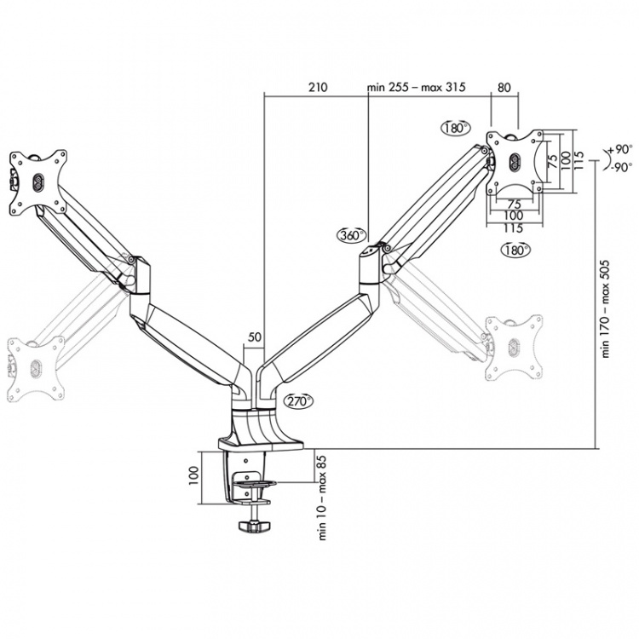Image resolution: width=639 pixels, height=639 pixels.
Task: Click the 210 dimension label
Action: [x=317, y=87]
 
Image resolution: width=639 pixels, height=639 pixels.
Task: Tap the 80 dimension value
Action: [x=504, y=87]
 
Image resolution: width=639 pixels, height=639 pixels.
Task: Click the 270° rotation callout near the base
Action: [x=299, y=401]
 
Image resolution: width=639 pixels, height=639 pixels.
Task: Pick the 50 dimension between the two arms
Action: [x=254, y=337]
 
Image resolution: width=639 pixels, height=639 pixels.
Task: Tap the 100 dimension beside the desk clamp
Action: [x=193, y=471]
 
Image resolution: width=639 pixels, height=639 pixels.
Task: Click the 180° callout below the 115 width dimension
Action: [x=515, y=250]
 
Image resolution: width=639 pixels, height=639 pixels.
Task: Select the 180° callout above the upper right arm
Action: [x=456, y=128]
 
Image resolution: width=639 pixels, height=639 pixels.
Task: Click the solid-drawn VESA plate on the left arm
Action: [x=37, y=181]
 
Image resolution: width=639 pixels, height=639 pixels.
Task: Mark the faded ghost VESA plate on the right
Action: [x=513, y=348]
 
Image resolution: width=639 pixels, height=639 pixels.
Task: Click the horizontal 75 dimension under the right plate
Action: [x=515, y=204]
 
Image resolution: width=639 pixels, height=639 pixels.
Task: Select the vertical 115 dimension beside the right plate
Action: [x=578, y=158]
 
